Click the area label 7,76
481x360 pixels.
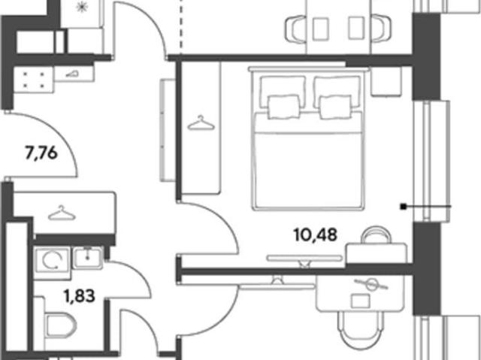[41, 153]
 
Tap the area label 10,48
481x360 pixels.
[316, 235]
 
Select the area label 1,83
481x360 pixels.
[79, 296]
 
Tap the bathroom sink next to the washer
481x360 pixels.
[87, 258]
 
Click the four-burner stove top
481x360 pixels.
[34, 80]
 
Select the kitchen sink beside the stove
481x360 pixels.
[74, 74]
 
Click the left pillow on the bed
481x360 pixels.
[284, 107]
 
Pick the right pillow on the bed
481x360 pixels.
[335, 107]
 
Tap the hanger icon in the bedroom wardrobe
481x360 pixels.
[201, 123]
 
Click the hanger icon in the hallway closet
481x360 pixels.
[62, 213]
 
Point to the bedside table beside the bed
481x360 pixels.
[386, 82]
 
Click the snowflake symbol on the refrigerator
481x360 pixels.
[82, 8]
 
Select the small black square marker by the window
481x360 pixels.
[403, 207]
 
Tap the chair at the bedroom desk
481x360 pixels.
[377, 234]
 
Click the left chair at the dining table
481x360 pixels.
[295, 29]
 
